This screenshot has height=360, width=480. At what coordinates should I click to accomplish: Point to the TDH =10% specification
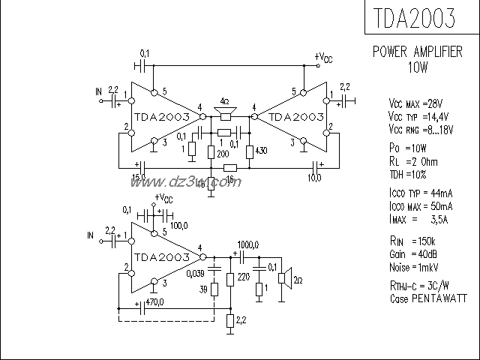coord(408,174)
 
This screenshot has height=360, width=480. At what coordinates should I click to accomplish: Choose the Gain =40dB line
coord(413,254)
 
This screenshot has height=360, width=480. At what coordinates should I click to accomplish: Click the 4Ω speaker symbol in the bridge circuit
coord(225,113)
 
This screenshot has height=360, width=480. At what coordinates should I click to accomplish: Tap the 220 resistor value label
coord(243,276)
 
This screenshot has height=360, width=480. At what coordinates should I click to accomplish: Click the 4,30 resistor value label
coord(261,151)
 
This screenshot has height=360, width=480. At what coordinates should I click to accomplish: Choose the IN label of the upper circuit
coord(97,91)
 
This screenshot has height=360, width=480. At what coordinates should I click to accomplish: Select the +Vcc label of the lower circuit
coord(163,198)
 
